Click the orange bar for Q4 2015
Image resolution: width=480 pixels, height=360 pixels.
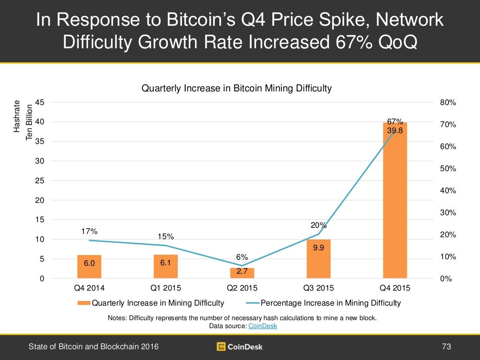tap(395, 202)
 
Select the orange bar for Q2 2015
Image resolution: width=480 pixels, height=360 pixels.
tap(242, 273)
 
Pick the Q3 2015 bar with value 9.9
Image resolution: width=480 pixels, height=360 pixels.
tap(318, 259)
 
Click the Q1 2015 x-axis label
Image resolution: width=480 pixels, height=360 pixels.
tap(165, 288)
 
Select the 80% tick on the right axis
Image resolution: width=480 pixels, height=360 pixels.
tap(449, 103)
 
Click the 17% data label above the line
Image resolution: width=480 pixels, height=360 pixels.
tap(89, 231)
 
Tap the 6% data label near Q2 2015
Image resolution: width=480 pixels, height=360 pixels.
tap(242, 257)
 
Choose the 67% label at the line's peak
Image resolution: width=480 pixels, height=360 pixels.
tap(395, 122)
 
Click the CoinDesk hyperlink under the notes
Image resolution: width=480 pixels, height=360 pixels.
tap(263, 326)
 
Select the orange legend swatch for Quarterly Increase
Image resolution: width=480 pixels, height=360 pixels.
tap(84, 303)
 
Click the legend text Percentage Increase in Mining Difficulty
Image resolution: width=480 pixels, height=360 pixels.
tap(330, 303)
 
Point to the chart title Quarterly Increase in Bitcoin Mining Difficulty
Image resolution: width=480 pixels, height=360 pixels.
tap(236, 88)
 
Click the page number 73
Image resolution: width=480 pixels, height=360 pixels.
tap(446, 347)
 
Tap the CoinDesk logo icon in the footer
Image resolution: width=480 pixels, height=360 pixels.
tap(221, 347)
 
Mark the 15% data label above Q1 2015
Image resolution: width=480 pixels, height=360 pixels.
tap(165, 236)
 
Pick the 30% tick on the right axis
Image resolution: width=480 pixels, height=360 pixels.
tap(449, 213)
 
